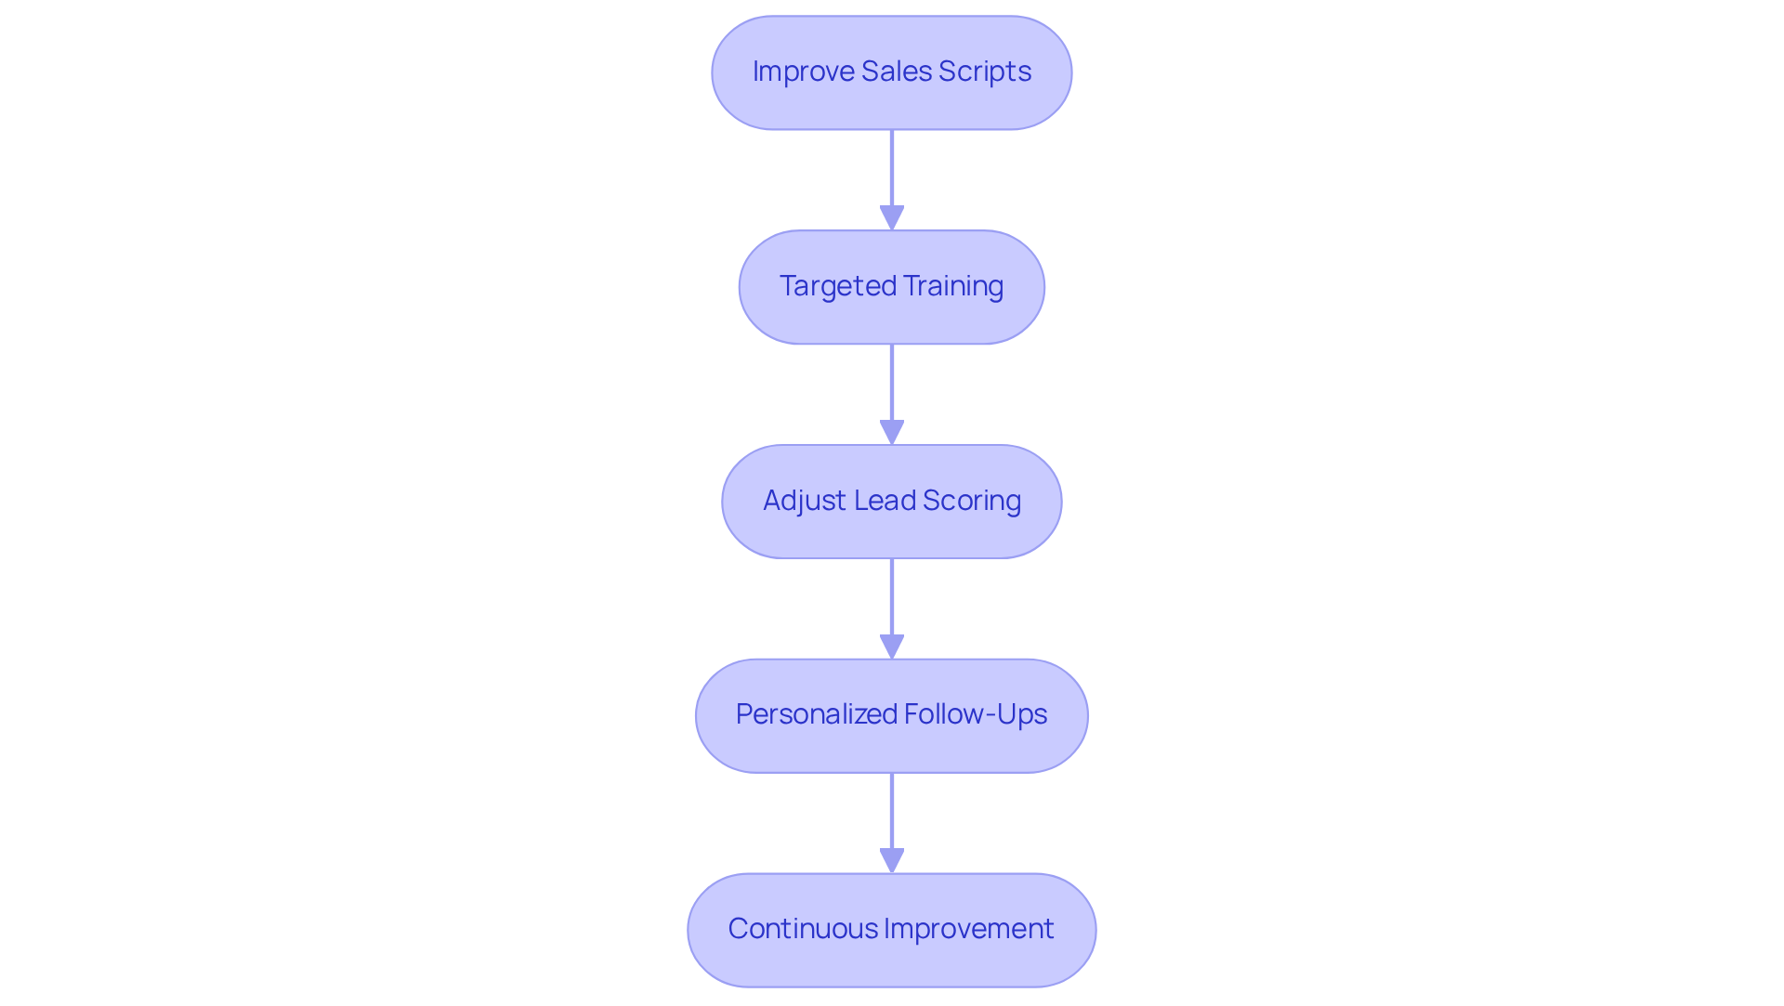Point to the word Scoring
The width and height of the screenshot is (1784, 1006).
(972, 501)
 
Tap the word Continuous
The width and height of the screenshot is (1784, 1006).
(803, 929)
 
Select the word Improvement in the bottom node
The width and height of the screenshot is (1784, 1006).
(969, 929)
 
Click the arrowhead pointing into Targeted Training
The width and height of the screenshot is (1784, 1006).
(892, 218)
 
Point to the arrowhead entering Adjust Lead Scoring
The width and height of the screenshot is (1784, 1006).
(892, 433)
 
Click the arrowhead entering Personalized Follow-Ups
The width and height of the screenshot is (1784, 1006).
(892, 647)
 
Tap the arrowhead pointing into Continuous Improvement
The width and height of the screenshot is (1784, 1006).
(892, 861)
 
